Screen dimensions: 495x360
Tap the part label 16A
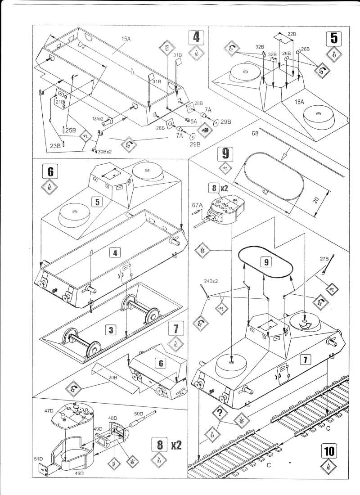tap(300, 103)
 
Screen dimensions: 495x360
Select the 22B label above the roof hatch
tap(292, 34)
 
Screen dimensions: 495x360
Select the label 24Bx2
tap(211, 280)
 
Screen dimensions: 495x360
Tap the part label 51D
tap(38, 458)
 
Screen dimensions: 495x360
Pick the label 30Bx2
tap(105, 151)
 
